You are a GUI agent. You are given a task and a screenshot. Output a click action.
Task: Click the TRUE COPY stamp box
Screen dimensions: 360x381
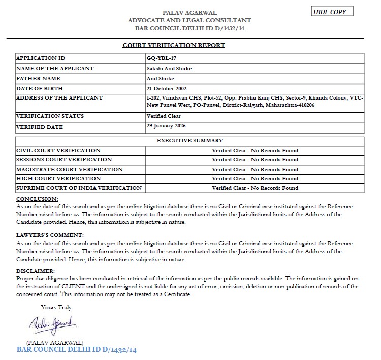[332, 11]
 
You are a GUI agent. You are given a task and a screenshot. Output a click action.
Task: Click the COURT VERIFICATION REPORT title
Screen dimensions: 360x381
[174, 45]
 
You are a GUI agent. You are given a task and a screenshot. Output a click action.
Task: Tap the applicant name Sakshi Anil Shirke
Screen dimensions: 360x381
[169, 68]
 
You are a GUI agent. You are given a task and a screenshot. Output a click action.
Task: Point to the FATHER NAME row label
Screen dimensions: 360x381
[38, 79]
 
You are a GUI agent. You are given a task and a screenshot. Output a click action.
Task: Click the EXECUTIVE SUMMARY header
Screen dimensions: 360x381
[189, 141]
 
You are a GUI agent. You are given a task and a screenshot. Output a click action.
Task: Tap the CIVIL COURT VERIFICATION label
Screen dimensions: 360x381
[58, 151]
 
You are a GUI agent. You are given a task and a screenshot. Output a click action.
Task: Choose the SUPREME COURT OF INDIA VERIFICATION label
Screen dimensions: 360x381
[79, 188]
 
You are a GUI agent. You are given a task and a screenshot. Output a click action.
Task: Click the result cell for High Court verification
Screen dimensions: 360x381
[255, 179]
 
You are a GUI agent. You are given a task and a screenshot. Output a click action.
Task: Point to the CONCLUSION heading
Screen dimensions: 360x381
[37, 199]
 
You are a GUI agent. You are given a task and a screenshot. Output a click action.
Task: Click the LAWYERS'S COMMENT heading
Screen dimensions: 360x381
[50, 235]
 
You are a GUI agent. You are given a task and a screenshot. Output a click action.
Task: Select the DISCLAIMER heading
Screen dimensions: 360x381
[35, 271]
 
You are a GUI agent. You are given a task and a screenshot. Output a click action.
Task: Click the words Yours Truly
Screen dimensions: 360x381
[56, 307]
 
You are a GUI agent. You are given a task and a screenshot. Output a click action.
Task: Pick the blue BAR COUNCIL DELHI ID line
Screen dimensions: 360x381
[77, 350]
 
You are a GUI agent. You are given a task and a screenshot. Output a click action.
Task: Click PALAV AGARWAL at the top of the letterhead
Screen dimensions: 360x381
[189, 12]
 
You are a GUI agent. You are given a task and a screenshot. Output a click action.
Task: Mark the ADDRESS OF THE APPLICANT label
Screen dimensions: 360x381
[59, 97]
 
